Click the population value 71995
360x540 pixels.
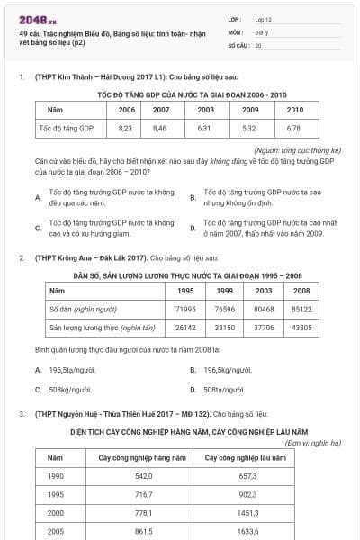[186, 310]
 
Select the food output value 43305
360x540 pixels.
[301, 328]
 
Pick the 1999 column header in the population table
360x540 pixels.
[225, 291]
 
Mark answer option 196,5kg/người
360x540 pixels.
[228, 370]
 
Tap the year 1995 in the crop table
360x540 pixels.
[56, 493]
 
